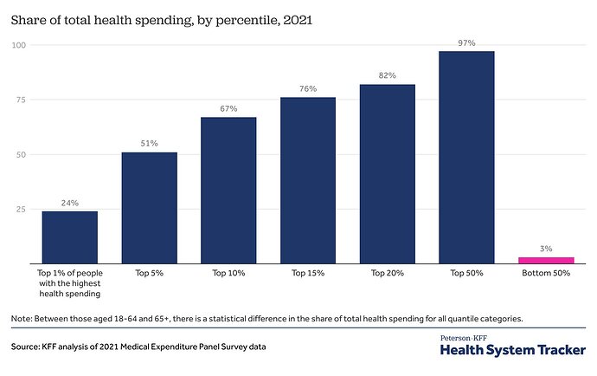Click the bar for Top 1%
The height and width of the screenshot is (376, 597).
click(x=69, y=237)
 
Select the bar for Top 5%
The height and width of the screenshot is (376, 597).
click(x=149, y=207)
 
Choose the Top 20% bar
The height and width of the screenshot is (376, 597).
click(x=388, y=173)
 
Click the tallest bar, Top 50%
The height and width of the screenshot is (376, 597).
click(x=467, y=157)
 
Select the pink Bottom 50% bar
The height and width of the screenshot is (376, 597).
click(x=546, y=259)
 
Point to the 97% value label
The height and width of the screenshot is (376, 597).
click(x=467, y=42)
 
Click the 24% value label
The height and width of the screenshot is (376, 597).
click(x=69, y=203)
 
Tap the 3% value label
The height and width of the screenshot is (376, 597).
click(x=546, y=249)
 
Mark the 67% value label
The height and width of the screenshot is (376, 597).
click(x=228, y=108)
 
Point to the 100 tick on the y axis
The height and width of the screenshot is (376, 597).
click(x=19, y=45)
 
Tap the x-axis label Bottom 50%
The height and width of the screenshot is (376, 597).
click(x=546, y=273)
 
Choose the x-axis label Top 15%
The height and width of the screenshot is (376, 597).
click(x=308, y=273)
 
